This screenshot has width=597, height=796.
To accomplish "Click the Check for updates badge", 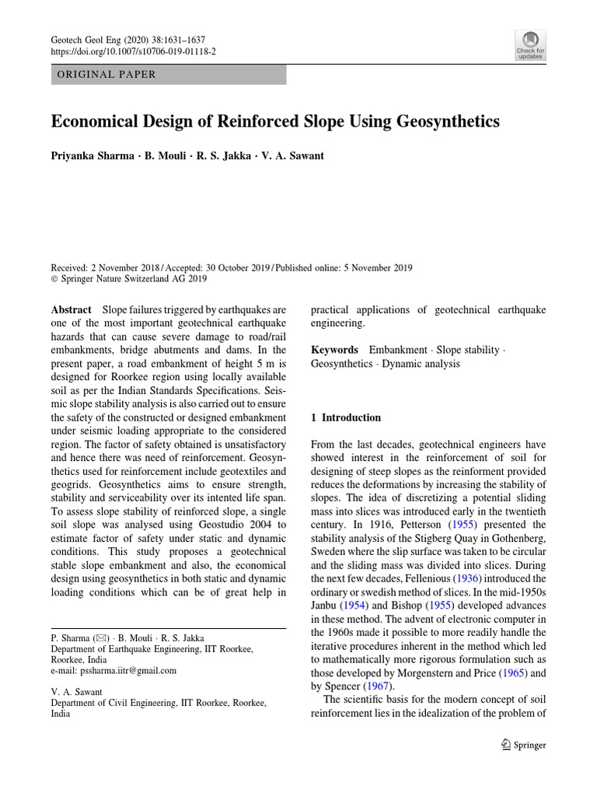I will (530, 45).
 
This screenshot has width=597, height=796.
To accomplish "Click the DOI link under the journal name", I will (133, 51).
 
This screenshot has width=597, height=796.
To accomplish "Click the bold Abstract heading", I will (71, 309).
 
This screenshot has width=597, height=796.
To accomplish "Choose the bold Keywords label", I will (334, 350).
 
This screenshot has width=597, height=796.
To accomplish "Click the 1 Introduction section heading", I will (346, 417).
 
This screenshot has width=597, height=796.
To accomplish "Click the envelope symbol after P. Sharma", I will (100, 637).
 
